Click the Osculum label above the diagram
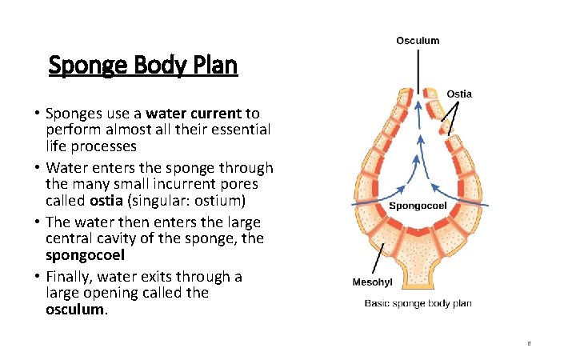tap(418, 41)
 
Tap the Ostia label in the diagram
tap(458, 94)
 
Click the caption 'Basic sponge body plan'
tap(418, 303)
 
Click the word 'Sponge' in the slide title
tap(86, 66)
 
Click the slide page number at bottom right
tap(530, 343)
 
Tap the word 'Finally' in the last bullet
tap(71, 277)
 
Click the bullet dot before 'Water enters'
tap(37, 168)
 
